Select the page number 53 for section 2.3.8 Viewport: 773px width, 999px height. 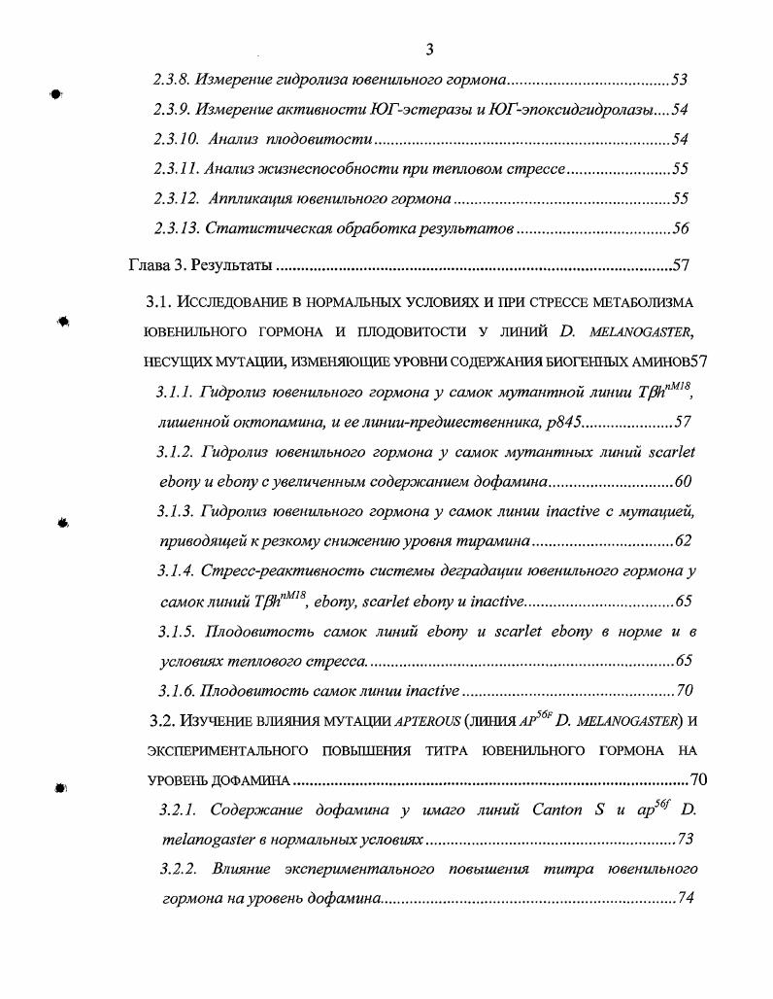[x=680, y=80]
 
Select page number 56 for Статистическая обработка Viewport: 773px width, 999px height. [x=680, y=229]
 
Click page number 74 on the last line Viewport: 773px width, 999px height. [x=686, y=899]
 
